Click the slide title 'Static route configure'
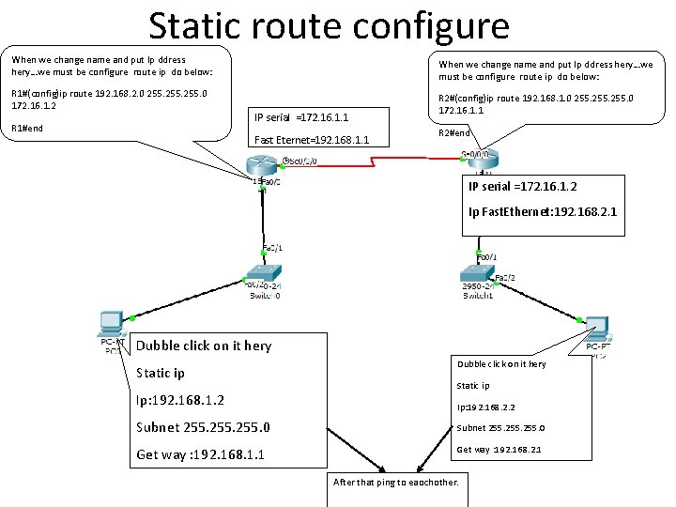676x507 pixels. (329, 25)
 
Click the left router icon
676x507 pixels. (260, 168)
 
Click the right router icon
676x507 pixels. (481, 160)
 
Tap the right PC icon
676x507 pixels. (596, 329)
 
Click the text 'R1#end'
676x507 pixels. (26, 128)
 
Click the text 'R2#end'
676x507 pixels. (455, 132)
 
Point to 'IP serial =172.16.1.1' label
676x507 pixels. (301, 117)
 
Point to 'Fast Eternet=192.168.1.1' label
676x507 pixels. (312, 141)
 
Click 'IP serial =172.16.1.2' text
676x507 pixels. (522, 187)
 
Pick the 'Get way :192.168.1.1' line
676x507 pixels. (200, 454)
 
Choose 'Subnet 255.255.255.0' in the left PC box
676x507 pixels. (203, 428)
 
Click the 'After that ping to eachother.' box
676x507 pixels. (396, 483)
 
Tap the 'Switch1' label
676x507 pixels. (477, 296)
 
